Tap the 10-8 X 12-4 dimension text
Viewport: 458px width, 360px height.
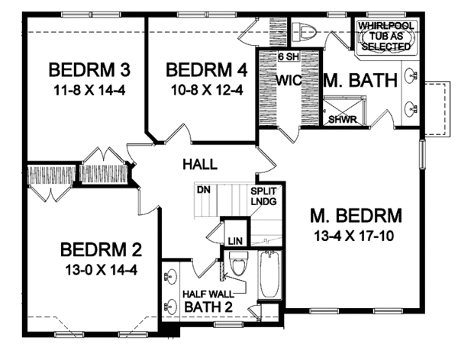[206, 88]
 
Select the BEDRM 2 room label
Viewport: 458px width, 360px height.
[99, 249]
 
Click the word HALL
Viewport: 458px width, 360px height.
[200, 164]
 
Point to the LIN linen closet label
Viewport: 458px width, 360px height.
[235, 241]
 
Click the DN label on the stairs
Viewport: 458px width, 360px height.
[203, 189]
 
